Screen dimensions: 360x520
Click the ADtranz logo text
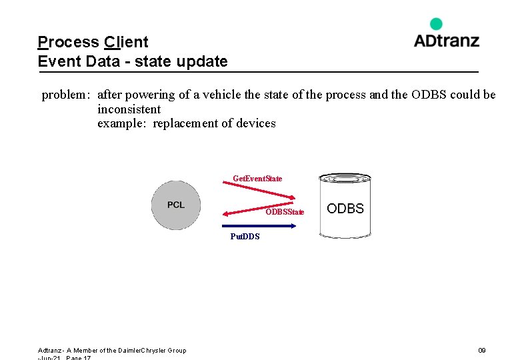(x=446, y=40)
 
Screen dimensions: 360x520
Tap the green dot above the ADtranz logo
(x=436, y=24)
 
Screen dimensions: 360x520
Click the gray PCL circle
(x=175, y=205)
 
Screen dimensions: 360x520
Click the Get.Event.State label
(x=257, y=179)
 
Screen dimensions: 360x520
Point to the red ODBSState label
(x=285, y=212)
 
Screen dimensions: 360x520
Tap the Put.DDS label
(x=245, y=237)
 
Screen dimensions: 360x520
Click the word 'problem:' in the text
(x=65, y=95)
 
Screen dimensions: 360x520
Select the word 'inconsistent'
(x=129, y=109)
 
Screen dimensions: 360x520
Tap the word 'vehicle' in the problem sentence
(x=221, y=95)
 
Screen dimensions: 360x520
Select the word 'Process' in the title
(x=68, y=42)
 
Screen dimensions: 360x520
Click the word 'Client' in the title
(x=126, y=42)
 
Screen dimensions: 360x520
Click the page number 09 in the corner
(x=482, y=351)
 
